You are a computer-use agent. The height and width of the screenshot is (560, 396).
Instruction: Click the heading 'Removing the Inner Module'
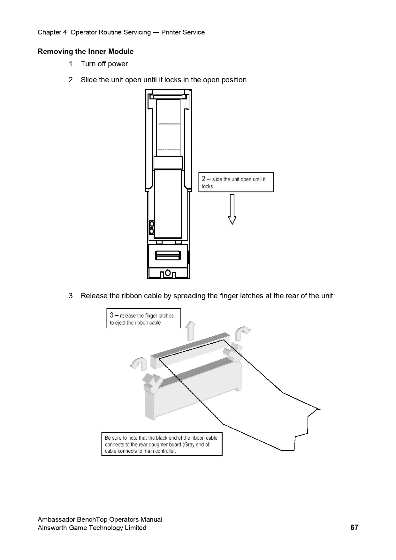[86, 51]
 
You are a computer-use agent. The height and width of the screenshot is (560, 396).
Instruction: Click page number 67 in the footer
[354, 527]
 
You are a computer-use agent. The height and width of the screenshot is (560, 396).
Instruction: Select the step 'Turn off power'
[104, 64]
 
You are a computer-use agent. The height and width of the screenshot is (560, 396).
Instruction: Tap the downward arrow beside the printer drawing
[232, 209]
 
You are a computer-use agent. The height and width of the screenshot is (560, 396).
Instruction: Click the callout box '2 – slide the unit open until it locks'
[236, 182]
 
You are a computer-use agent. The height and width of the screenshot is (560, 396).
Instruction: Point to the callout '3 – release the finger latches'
[143, 318]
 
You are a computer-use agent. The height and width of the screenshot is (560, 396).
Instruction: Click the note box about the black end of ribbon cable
[162, 444]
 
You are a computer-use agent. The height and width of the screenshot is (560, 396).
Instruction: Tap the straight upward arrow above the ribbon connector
[191, 331]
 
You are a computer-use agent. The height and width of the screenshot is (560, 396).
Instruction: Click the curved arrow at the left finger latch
[139, 363]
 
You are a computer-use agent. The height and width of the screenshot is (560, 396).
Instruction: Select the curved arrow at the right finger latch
[242, 333]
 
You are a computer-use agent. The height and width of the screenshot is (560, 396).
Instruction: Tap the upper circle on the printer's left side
[152, 224]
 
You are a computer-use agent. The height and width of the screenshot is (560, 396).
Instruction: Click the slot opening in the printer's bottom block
[168, 256]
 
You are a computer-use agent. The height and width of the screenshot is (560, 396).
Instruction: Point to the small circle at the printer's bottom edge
[168, 273]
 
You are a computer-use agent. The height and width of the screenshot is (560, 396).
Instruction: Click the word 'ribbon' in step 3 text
[132, 296]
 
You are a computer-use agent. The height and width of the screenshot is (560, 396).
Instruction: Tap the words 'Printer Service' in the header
[183, 32]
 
